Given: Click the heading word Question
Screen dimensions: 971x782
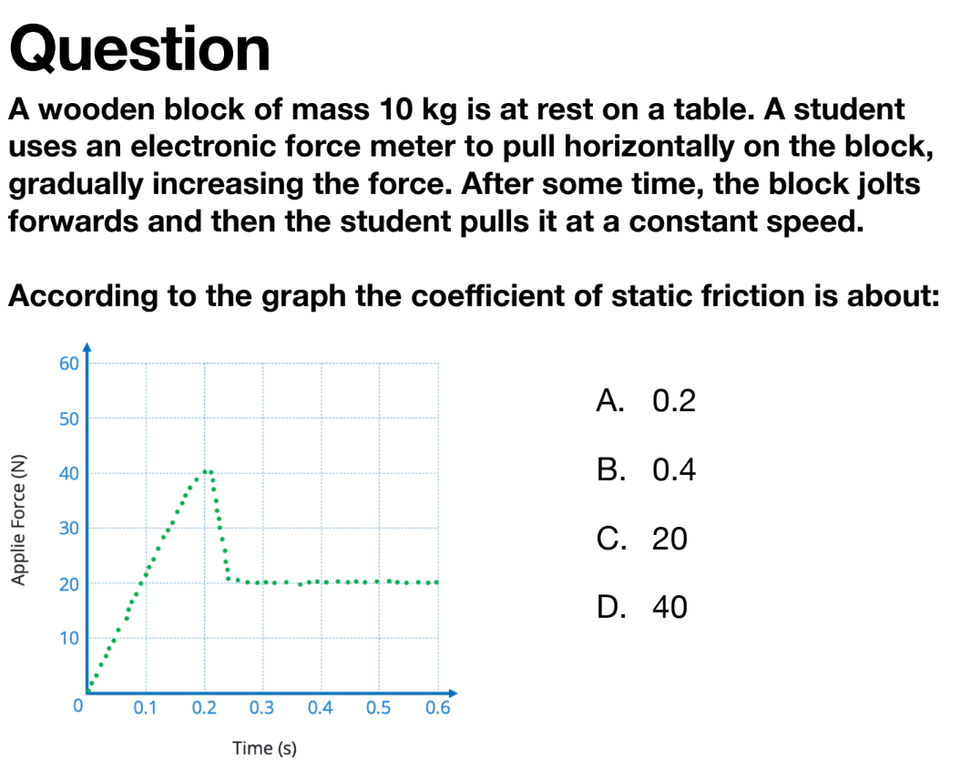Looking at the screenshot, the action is pyautogui.click(x=140, y=49).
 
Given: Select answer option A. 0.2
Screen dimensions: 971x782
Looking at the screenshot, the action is pyautogui.click(x=646, y=400).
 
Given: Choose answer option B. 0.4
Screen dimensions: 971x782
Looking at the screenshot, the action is pyautogui.click(x=646, y=469).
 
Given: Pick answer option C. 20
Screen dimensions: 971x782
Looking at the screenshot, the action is pyautogui.click(x=641, y=538).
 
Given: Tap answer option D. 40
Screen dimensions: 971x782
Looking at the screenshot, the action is pyautogui.click(x=641, y=607).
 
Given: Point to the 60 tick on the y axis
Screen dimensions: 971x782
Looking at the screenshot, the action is pyautogui.click(x=68, y=364).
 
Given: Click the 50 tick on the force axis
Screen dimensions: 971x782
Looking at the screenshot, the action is pyautogui.click(x=68, y=419).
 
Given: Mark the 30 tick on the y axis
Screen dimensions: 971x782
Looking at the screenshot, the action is pyautogui.click(x=68, y=529).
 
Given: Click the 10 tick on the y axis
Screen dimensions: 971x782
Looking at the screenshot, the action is pyautogui.click(x=68, y=638).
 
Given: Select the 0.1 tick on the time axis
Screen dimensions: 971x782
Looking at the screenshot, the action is pyautogui.click(x=145, y=707).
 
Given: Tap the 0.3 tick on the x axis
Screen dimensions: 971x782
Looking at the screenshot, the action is pyautogui.click(x=261, y=707).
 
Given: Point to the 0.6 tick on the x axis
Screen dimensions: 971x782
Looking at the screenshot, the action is pyautogui.click(x=437, y=707).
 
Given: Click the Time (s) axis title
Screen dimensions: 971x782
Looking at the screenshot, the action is pyautogui.click(x=264, y=748).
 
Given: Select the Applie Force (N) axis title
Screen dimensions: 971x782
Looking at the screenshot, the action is pyautogui.click(x=18, y=520).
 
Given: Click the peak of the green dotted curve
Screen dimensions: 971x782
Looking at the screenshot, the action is pyautogui.click(x=208, y=471).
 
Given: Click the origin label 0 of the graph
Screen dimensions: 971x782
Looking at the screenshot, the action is pyautogui.click(x=78, y=705).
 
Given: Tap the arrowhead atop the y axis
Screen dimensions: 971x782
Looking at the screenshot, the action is pyautogui.click(x=87, y=347).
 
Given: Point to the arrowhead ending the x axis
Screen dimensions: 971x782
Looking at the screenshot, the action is pyautogui.click(x=453, y=693).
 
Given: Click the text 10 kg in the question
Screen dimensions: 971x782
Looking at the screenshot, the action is pyautogui.click(x=417, y=110).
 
